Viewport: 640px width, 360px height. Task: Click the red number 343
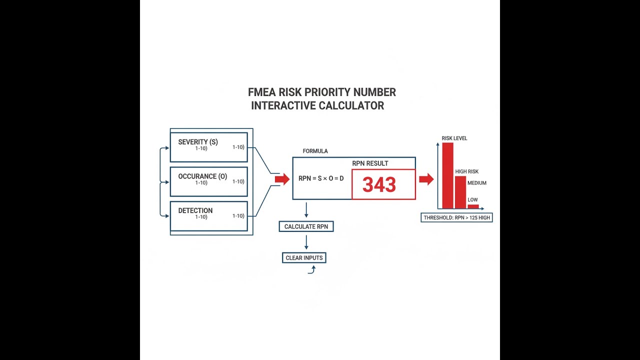click(379, 184)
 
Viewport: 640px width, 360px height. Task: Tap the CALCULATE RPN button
click(306, 226)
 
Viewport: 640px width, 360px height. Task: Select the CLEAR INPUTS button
click(304, 257)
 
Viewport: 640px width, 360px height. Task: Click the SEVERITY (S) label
click(198, 142)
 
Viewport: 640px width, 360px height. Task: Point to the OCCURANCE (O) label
click(202, 176)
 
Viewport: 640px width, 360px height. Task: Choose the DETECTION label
click(195, 210)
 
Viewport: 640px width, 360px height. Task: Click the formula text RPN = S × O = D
click(321, 178)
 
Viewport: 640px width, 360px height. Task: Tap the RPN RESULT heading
click(370, 163)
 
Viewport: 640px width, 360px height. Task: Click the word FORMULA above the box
click(315, 151)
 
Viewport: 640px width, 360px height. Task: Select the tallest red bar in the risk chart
click(447, 175)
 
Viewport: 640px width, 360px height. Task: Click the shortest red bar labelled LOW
click(473, 206)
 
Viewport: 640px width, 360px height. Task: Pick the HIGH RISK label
click(467, 171)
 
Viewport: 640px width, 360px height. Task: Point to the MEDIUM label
click(477, 183)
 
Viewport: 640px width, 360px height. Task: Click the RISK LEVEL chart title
click(454, 138)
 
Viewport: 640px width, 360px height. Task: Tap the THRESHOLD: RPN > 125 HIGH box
click(456, 217)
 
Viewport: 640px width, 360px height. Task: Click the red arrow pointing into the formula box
click(282, 179)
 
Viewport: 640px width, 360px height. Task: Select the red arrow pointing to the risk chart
click(426, 179)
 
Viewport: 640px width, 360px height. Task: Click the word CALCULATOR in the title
click(351, 105)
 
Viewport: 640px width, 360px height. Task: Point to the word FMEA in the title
click(261, 92)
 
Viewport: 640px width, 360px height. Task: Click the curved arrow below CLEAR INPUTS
click(312, 269)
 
